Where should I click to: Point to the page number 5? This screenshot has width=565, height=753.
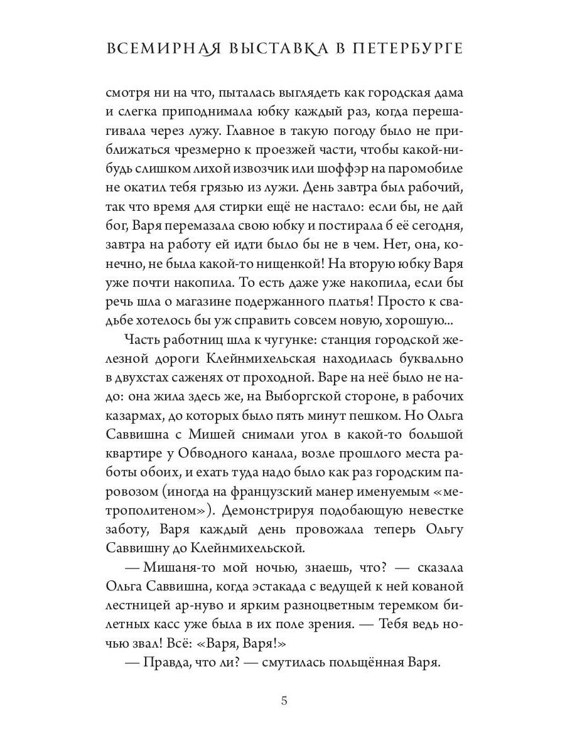pyautogui.click(x=284, y=701)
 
